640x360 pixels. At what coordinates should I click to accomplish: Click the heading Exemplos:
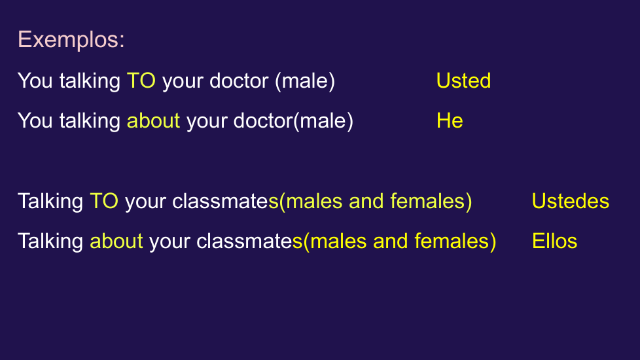[71, 39]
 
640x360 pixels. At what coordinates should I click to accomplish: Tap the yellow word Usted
[463, 81]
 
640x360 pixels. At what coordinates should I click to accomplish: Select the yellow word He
[450, 120]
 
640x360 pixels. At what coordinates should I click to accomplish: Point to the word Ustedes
[570, 201]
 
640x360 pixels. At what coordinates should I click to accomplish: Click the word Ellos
[554, 241]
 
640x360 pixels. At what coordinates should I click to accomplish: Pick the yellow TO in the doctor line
[141, 81]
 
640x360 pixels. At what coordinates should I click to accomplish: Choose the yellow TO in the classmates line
[104, 201]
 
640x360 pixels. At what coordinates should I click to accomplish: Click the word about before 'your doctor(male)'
[154, 120]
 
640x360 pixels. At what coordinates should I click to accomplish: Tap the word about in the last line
[116, 241]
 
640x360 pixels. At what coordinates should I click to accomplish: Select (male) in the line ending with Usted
[305, 81]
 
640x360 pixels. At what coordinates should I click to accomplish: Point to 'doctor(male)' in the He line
[293, 121]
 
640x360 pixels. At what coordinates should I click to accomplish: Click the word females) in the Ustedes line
[431, 201]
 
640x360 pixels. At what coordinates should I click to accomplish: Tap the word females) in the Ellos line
[455, 242]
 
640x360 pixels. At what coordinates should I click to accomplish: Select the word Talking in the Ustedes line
[50, 202]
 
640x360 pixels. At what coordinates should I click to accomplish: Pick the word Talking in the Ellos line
[50, 242]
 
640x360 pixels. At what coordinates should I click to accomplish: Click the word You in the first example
[35, 81]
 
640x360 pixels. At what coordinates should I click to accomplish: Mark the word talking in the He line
[90, 121]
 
